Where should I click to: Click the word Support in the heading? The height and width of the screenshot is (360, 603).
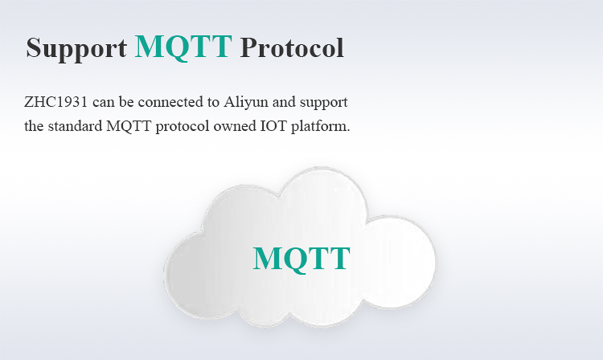pos(76,48)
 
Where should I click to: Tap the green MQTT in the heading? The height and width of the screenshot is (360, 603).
pos(183,47)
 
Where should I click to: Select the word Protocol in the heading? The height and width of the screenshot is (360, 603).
pos(292,48)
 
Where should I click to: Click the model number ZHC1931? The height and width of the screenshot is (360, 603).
pos(56,102)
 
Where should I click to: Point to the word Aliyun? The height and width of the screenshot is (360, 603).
pos(246,102)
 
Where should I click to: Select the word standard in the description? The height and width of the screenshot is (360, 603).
pos(75,126)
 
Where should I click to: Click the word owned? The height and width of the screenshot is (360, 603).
pos(235,126)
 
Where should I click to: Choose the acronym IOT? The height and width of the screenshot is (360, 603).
pos(273,126)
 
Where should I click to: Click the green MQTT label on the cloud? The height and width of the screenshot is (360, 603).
pos(301,259)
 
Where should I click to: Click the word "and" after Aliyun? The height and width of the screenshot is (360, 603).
pos(284,102)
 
